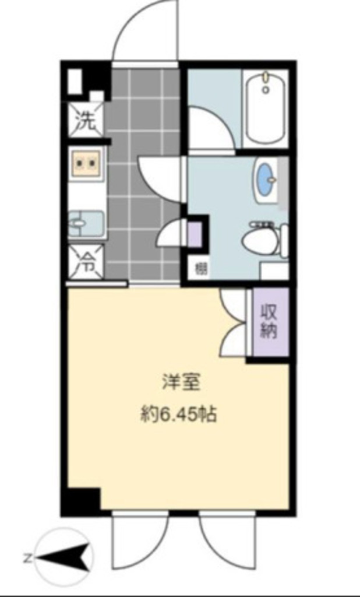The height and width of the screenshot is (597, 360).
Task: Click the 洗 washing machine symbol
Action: click(x=86, y=120)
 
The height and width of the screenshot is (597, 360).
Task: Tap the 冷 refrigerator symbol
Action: click(x=86, y=262)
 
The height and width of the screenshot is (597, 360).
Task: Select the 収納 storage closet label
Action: click(x=269, y=322)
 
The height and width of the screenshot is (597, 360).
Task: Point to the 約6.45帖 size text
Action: click(x=178, y=414)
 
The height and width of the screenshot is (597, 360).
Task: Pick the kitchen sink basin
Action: click(x=86, y=223)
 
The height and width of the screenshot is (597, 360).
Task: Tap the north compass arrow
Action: click(x=64, y=558)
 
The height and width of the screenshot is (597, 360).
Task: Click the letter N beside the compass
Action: click(x=27, y=559)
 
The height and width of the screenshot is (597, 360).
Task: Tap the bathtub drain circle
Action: click(x=266, y=90)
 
